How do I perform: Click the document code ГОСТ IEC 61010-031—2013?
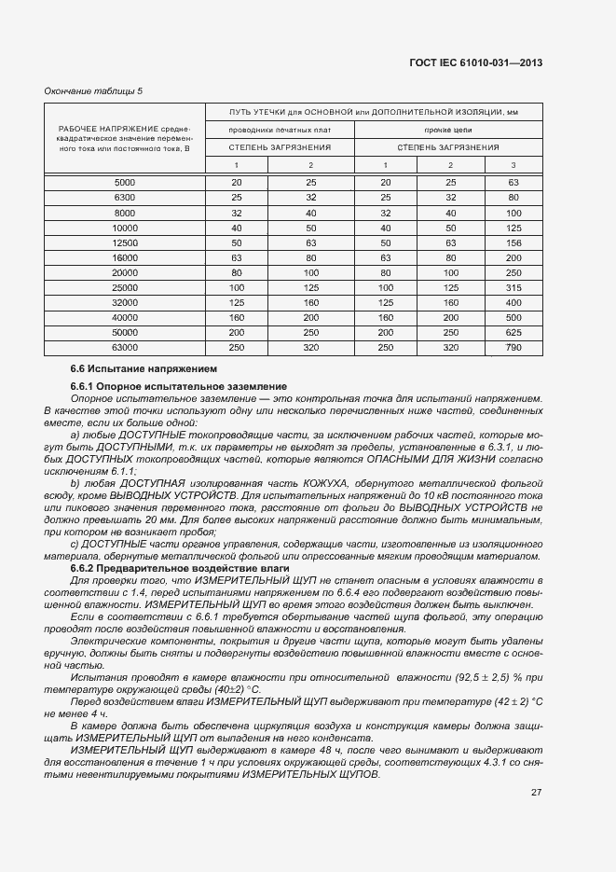[x=475, y=62]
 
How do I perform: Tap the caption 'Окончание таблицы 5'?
[x=93, y=90]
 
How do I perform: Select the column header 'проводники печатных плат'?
[x=280, y=129]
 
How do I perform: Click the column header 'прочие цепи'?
[x=447, y=129]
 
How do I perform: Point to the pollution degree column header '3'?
[x=513, y=165]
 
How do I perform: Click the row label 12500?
[x=124, y=242]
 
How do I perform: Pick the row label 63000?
[x=124, y=347]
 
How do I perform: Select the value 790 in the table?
[x=513, y=347]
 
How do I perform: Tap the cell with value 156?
[x=513, y=242]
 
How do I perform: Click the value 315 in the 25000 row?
[x=513, y=286]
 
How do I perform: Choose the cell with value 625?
[x=513, y=332]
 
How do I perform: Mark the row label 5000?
[x=124, y=181]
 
